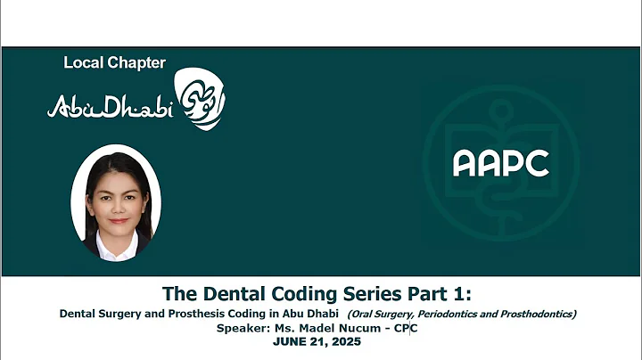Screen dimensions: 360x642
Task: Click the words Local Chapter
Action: [114, 62]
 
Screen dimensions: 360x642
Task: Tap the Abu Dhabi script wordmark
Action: [110, 107]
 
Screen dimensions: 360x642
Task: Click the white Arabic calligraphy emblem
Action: [201, 102]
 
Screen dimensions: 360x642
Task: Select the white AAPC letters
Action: [500, 163]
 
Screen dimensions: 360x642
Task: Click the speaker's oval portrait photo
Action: [115, 201]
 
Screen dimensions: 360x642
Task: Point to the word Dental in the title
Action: [220, 293]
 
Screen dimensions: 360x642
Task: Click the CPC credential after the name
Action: [407, 328]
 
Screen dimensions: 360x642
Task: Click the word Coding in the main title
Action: [288, 293]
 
